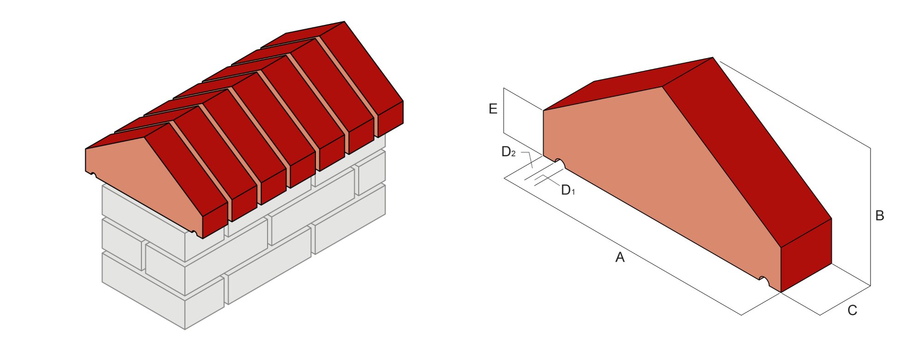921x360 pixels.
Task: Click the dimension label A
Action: pos(620,257)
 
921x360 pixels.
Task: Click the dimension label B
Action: pos(879,215)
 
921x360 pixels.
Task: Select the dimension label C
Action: pos(852,310)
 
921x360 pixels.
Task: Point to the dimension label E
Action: pos(493,109)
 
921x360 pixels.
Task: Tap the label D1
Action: pos(568,190)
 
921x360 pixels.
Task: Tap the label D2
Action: pos(508,152)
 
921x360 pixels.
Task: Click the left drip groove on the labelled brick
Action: pos(559,162)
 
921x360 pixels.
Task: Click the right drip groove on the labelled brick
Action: pos(764,279)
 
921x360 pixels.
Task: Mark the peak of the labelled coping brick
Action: pos(712,58)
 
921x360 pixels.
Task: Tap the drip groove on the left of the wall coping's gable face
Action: pos(93,174)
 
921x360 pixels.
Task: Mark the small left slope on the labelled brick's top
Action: pos(599,92)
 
